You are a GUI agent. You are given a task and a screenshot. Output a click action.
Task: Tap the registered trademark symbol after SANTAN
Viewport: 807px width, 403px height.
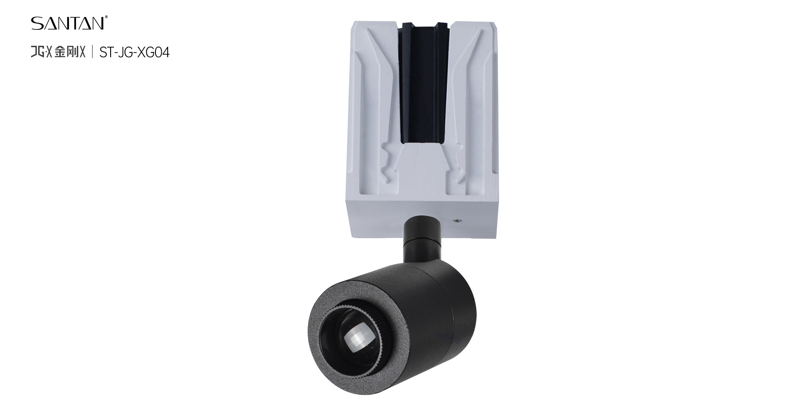(107, 18)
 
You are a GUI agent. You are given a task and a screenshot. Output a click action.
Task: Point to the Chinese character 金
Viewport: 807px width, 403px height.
(61, 52)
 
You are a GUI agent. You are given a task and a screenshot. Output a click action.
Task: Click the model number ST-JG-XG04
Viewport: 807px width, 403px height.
(134, 52)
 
